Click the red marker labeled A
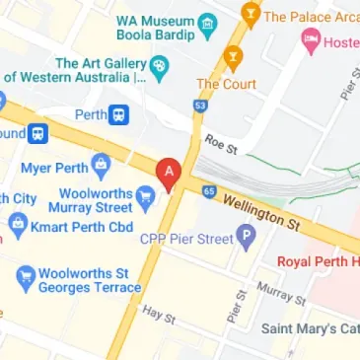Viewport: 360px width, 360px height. coord(168,173)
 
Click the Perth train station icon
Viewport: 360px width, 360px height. coord(119,113)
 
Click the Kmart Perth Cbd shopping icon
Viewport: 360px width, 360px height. coord(17,226)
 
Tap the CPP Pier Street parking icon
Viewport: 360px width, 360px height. coord(247,236)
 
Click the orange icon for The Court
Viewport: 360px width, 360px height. coord(233,55)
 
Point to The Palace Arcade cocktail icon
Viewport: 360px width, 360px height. coord(251,15)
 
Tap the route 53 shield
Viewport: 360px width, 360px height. coord(201,105)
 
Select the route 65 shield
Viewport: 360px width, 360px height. coord(208,190)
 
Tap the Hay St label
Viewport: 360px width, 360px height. coord(158,315)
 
